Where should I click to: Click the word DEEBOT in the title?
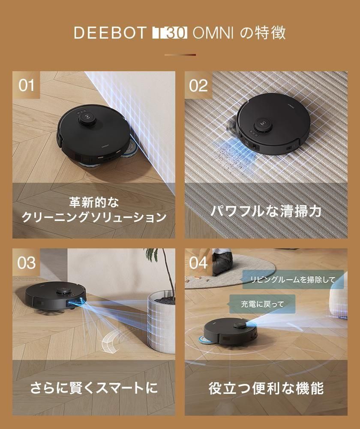(110, 33)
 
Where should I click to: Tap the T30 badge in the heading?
(169, 33)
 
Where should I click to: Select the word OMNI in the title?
(213, 33)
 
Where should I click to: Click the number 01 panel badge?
(26, 85)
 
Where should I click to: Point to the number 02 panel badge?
(198, 85)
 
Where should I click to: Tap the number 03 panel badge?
(26, 263)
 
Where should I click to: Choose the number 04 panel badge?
(198, 263)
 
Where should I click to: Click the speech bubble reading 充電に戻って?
(262, 304)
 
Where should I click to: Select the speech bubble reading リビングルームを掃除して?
(293, 280)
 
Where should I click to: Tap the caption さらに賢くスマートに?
(94, 388)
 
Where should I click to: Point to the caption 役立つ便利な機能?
(266, 388)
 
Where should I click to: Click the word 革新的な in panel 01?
(94, 203)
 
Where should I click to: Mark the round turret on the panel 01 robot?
(88, 120)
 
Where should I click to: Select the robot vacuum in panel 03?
(55, 297)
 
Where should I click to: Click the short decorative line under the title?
(180, 55)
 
